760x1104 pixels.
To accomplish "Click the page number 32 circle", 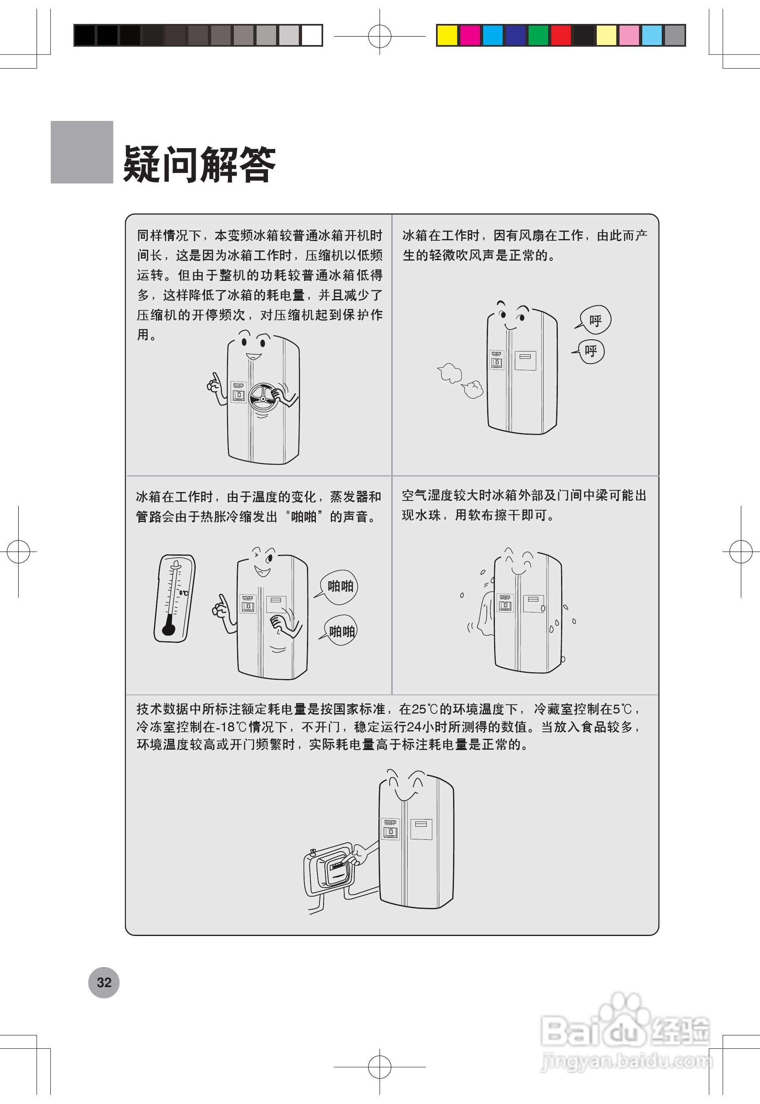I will click(104, 982).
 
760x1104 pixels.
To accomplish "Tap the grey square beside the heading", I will click(82, 152).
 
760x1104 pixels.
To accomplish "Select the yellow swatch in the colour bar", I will click(447, 35).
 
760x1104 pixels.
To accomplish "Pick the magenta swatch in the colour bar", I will click(470, 35).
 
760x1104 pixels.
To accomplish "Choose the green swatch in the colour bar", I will click(538, 35).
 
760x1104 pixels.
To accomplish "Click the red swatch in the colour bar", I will click(561, 35).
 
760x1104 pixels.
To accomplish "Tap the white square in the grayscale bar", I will click(312, 35).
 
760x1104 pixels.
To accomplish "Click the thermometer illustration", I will click(174, 598).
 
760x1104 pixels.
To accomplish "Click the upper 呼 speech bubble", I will click(595, 320).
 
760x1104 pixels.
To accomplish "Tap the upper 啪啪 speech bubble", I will click(339, 586).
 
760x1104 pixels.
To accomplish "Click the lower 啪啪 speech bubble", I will click(341, 631).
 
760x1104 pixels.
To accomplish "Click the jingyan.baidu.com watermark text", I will click(626, 1061).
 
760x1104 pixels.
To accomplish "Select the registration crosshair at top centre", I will click(380, 36).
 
